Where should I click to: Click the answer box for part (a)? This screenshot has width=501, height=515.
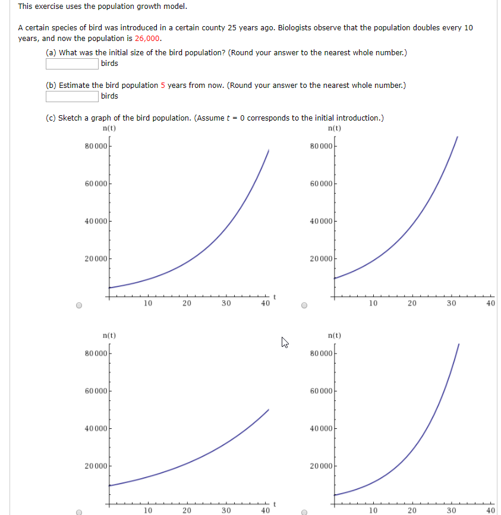[73, 64]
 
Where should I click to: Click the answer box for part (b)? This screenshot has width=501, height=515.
[73, 96]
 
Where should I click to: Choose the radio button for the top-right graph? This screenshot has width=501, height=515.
[304, 307]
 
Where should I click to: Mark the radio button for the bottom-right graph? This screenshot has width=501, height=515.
[304, 511]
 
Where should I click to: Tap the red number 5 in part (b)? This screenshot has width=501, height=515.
[163, 86]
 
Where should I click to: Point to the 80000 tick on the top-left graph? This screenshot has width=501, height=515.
[96, 146]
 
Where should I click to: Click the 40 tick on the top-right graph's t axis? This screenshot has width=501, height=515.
[490, 303]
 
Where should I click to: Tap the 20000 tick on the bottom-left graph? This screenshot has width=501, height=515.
[96, 466]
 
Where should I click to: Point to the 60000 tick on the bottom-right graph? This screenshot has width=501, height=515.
[322, 391]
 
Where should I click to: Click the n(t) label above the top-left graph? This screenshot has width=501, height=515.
[109, 128]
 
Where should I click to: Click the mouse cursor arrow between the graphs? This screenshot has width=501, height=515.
[285, 342]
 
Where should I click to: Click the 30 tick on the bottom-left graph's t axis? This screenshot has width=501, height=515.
[226, 510]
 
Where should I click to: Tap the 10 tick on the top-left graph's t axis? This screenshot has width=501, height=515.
[148, 303]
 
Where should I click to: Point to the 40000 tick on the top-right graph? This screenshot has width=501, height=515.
[322, 221]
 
